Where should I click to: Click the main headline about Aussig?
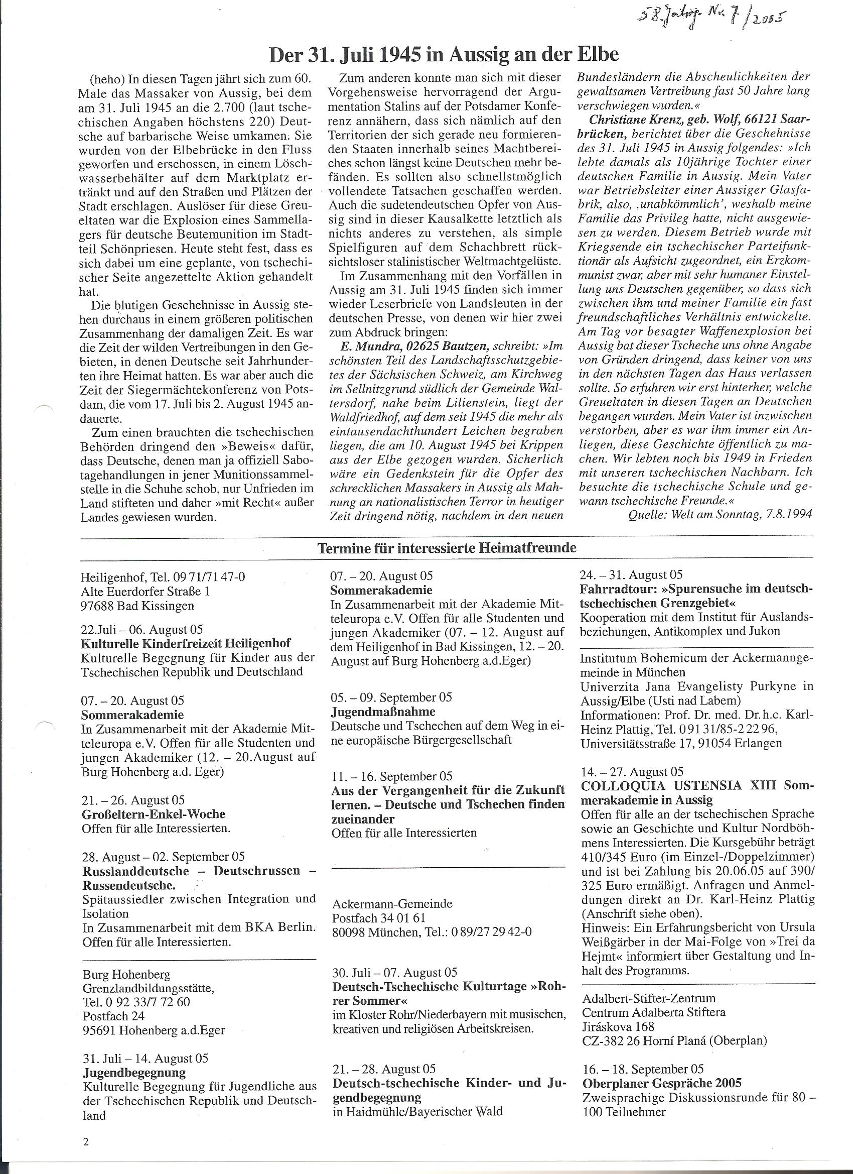tap(444, 55)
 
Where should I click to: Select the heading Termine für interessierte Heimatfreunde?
tap(447, 548)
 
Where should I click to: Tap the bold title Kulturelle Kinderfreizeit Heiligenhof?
tap(186, 643)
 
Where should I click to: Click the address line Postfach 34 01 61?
tap(379, 918)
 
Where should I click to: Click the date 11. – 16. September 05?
tap(392, 776)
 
